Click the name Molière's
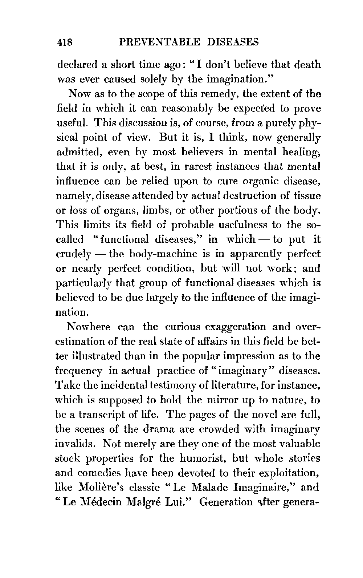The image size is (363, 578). click(x=100, y=487)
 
